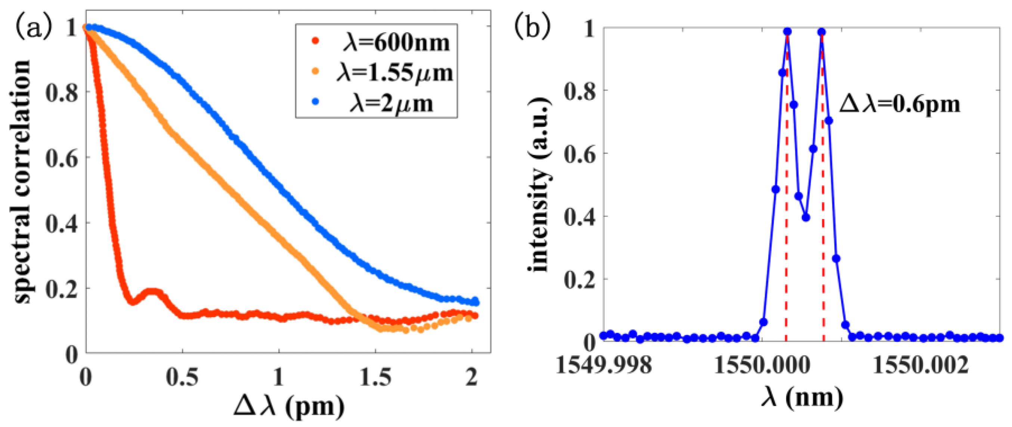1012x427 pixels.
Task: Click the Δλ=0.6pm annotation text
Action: tap(899, 104)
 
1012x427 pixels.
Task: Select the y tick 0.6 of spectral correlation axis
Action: tap(62, 158)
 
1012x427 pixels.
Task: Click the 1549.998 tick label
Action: tap(604, 366)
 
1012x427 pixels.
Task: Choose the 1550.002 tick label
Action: tap(920, 366)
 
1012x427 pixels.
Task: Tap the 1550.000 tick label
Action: tap(762, 366)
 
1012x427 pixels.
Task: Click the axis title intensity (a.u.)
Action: tap(540, 185)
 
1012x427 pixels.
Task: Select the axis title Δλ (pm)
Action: tap(289, 406)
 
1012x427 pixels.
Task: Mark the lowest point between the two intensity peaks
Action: tap(806, 218)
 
